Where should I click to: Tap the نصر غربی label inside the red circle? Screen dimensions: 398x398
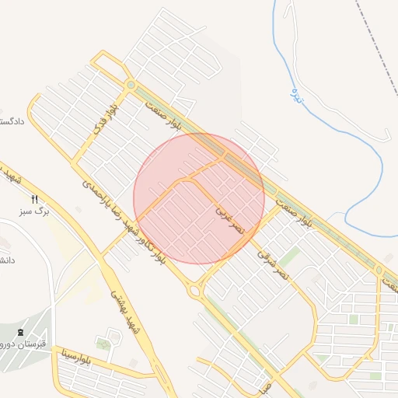point(230,218)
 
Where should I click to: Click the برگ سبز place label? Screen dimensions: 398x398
point(35,211)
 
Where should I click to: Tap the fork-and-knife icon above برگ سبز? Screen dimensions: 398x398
point(34,200)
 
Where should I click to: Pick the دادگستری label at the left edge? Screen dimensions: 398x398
point(12,121)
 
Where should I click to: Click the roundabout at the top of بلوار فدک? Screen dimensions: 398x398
point(131,84)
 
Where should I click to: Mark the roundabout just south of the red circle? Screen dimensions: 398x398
point(194,290)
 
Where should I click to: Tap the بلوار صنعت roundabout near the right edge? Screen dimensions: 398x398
point(379,271)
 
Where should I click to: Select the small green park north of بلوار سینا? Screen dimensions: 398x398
point(104,343)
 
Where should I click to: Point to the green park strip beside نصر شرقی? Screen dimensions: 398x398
point(289,257)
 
